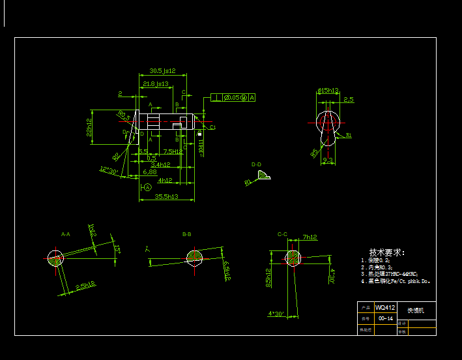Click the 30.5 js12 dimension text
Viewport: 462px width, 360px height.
(x=163, y=70)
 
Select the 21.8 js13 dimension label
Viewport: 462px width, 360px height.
(x=156, y=83)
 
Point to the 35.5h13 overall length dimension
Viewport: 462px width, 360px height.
(x=166, y=196)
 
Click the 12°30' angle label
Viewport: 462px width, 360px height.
(x=108, y=171)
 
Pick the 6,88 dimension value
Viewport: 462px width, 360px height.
(x=150, y=172)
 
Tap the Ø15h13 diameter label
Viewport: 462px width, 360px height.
(x=328, y=91)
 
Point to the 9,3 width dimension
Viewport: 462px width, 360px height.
(x=327, y=160)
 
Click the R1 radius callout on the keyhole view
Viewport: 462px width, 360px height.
(x=349, y=136)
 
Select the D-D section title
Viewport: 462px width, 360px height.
(x=256, y=164)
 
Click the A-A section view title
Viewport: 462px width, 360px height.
(x=66, y=233)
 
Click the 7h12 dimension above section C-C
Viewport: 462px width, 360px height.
(x=310, y=237)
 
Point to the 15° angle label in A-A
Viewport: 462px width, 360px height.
(x=117, y=249)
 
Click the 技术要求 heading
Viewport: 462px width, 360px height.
(x=387, y=252)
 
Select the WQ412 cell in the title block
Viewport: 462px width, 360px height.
(x=385, y=307)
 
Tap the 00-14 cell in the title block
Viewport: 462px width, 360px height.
(x=385, y=318)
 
